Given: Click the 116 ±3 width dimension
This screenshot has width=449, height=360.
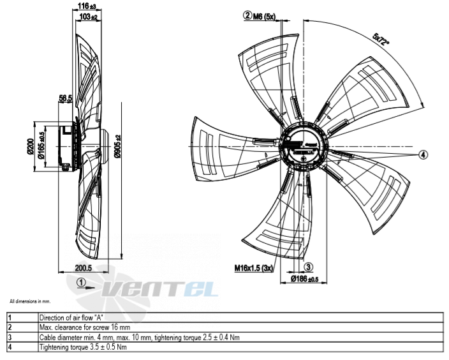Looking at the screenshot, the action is pos(87,6).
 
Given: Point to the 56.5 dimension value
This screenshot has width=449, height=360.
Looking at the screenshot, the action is pos(65,98).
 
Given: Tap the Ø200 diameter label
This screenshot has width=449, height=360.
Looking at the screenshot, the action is pos(31,146).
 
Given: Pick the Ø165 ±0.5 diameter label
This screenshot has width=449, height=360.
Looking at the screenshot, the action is pos(41,146).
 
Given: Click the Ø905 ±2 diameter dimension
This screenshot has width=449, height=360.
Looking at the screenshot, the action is pos(118,146).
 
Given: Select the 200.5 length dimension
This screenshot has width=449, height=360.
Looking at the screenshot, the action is pos(84,268).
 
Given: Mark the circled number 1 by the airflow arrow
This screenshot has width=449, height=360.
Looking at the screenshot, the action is pos(81,283).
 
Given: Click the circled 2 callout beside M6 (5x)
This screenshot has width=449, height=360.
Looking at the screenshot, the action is pos(247,15).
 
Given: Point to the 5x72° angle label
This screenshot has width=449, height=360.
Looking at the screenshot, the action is pos(381,40).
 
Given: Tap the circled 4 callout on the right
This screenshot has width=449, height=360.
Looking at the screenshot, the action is pos(423,154).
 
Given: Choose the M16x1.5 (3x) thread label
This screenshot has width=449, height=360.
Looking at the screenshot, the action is pos(254,268).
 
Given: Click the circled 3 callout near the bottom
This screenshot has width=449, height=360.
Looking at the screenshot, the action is pos(308,267).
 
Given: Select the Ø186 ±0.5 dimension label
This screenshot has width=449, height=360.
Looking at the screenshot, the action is pos(304,278).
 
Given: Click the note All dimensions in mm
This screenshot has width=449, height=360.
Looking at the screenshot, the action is pos(30,301).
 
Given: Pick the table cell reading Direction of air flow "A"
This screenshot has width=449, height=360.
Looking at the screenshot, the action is pos(71,318).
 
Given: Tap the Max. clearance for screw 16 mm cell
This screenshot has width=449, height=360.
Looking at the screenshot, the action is pos(85,327).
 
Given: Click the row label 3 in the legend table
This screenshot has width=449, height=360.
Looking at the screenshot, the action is pos(10,338).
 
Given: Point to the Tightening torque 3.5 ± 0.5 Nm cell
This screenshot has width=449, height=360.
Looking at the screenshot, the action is pos(83,347).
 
